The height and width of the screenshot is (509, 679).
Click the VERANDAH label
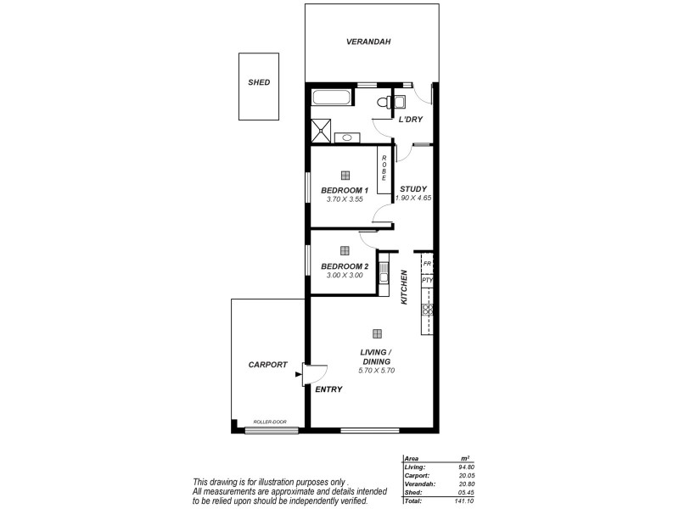tap(368, 42)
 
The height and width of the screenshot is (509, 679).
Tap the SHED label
tap(259, 82)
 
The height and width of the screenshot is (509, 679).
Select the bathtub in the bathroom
tap(333, 97)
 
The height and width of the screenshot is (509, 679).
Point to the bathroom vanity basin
tap(348, 137)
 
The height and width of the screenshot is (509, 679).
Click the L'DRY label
tap(411, 120)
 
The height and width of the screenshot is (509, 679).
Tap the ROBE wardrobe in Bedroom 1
tap(384, 168)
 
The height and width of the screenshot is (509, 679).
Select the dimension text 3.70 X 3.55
tap(345, 200)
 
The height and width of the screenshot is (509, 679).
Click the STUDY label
tap(413, 188)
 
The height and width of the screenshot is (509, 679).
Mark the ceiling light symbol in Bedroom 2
tap(345, 250)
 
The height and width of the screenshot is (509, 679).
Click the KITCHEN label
tap(405, 288)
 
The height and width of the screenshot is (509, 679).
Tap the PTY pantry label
tap(427, 280)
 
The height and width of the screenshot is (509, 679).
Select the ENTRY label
tap(328, 390)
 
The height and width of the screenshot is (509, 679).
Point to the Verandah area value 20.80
tap(463, 484)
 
